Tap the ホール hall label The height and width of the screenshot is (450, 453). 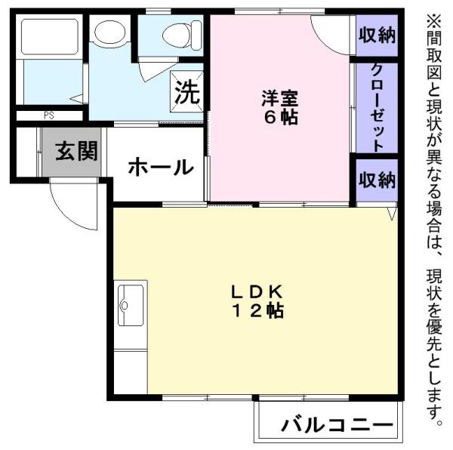(159, 168)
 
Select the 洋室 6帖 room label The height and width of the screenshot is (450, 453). (279, 107)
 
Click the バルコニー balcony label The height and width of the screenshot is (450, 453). (337, 425)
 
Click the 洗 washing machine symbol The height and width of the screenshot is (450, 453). (186, 94)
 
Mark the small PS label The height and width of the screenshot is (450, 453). (48, 116)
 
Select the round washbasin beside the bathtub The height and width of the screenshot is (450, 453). (110, 32)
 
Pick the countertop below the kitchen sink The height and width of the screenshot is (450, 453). (131, 370)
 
